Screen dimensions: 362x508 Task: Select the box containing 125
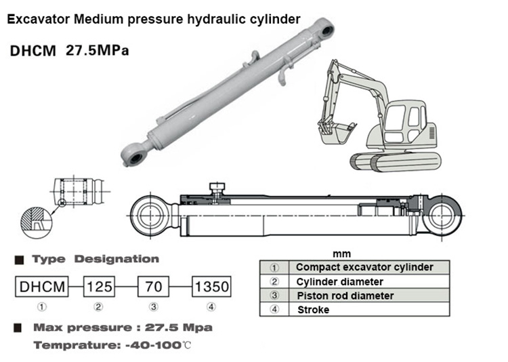[99, 287]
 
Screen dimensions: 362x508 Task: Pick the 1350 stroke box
[212, 287]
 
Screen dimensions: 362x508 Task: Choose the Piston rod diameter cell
[345, 296]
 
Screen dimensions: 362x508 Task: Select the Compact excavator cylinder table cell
[364, 267]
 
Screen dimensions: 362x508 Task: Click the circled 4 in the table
[274, 310]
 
